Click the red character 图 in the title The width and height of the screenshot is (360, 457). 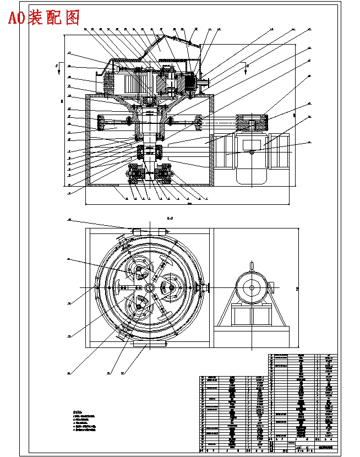click(72, 18)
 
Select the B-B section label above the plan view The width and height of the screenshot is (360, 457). click(170, 219)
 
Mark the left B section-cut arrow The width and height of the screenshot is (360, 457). click(58, 67)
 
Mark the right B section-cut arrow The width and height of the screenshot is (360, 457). click(243, 67)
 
